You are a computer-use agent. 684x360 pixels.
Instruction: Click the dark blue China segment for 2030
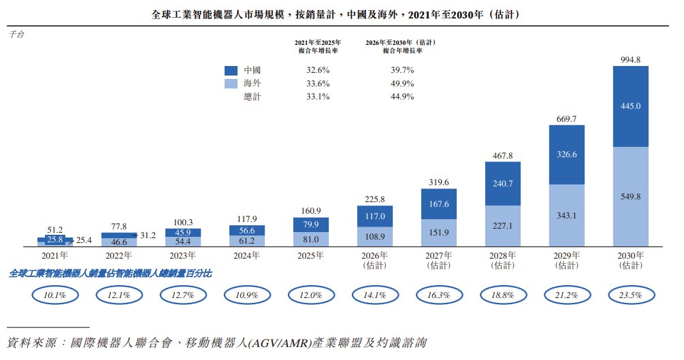(630, 106)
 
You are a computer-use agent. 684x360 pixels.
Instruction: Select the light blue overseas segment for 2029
(567, 215)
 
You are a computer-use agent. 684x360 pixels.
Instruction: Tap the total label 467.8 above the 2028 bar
(502, 156)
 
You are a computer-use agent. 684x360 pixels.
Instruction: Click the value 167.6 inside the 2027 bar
(439, 204)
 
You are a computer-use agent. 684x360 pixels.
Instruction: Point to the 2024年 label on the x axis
(246, 256)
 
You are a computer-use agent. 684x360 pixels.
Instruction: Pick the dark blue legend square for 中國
(231, 70)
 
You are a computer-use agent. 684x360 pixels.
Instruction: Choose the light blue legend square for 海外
(231, 83)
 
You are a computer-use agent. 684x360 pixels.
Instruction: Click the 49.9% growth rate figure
(402, 83)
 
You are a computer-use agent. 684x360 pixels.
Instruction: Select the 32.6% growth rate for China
(318, 70)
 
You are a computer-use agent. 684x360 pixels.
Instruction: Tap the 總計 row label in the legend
(252, 97)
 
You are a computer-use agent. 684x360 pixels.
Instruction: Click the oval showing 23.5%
(631, 295)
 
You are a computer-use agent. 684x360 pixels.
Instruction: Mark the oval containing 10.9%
(247, 295)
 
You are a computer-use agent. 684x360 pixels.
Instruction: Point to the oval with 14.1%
(375, 295)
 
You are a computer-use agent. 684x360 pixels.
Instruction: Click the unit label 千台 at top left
(16, 35)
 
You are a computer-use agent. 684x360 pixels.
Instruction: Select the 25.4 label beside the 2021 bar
(84, 240)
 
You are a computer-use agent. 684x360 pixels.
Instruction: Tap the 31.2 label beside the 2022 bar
(148, 235)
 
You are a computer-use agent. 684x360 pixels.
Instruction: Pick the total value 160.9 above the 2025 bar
(311, 211)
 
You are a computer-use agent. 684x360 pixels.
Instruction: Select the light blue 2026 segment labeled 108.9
(375, 237)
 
